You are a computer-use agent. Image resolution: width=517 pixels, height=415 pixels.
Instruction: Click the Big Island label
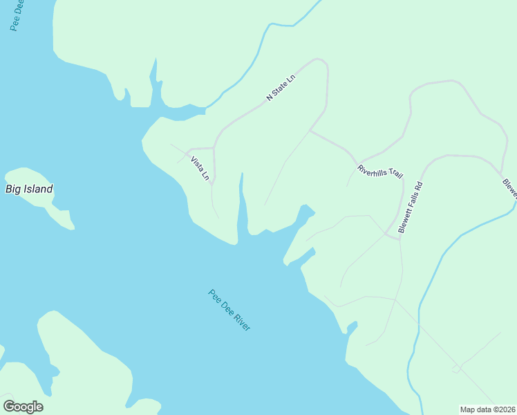tap(29, 189)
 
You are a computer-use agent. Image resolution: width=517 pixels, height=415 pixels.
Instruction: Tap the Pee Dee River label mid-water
tap(229, 310)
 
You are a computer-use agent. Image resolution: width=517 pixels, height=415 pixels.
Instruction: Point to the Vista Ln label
tap(200, 169)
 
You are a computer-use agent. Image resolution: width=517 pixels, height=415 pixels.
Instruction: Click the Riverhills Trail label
tap(379, 172)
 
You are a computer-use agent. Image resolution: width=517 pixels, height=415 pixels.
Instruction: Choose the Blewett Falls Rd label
tap(410, 207)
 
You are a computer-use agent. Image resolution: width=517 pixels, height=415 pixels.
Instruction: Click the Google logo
tap(23, 407)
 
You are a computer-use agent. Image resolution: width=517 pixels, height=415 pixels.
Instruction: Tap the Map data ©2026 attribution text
tap(488, 409)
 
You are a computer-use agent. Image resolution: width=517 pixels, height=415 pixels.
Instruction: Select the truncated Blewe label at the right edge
tap(510, 188)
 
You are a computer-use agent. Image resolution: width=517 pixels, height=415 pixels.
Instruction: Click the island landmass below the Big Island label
tap(41, 201)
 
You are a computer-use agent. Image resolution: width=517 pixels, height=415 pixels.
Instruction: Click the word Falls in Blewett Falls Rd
tap(411, 205)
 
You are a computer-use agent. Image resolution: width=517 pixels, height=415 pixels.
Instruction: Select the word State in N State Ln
tap(281, 88)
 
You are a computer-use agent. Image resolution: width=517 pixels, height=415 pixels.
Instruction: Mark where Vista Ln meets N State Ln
tap(214, 147)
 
